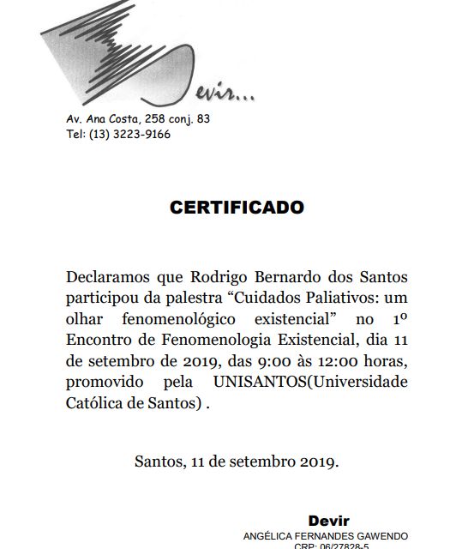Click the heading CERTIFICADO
(237, 208)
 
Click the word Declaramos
(109, 278)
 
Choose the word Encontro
(96, 340)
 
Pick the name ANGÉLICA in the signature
(270, 535)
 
